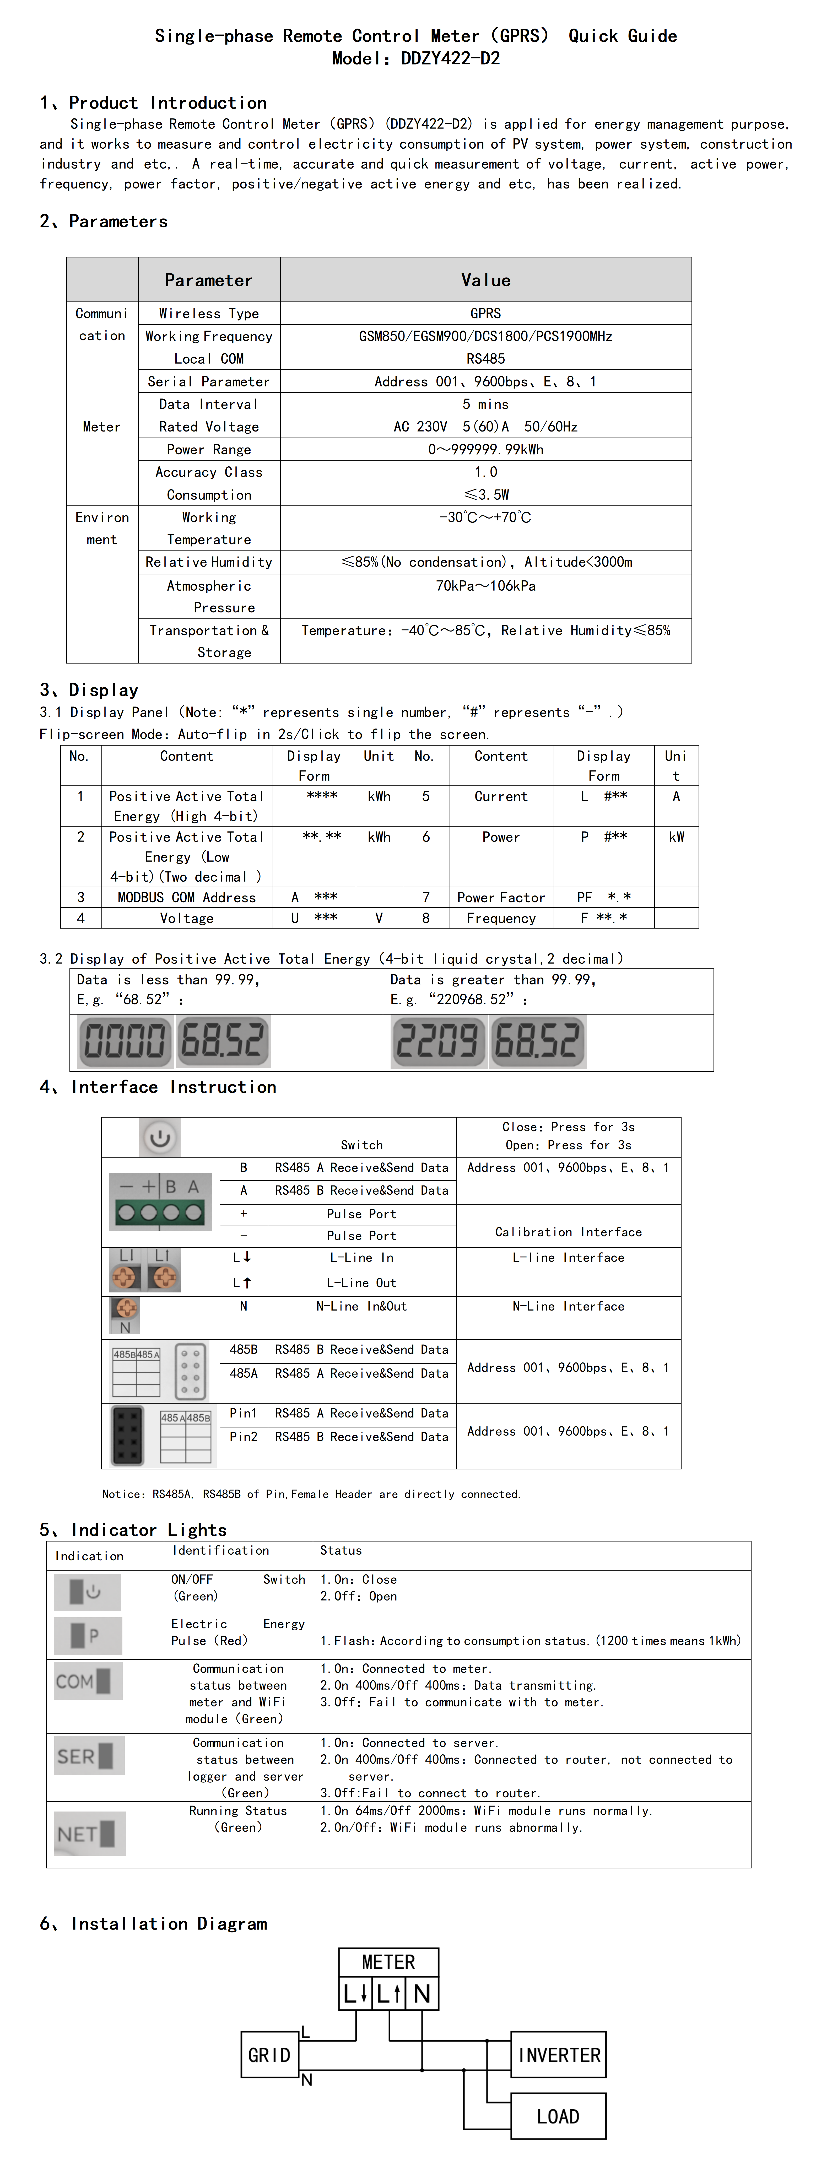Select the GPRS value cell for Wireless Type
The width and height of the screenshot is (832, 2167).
pyautogui.click(x=485, y=313)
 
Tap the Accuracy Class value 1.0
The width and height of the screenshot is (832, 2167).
pyautogui.click(x=485, y=472)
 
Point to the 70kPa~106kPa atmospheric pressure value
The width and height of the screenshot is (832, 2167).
pyautogui.click(x=485, y=585)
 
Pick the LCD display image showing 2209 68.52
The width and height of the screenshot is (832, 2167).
pyautogui.click(x=488, y=1041)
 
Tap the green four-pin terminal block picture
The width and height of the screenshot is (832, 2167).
pyautogui.click(x=160, y=1201)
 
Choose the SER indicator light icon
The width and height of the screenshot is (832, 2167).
pyautogui.click(x=88, y=1756)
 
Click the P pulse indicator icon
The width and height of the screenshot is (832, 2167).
pyautogui.click(x=88, y=1635)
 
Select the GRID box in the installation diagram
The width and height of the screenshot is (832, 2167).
pyautogui.click(x=269, y=2055)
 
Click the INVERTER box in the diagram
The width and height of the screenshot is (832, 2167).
pyautogui.click(x=559, y=2055)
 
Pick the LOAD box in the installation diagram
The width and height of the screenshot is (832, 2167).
pyautogui.click(x=559, y=2116)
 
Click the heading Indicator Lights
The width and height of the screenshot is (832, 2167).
pyautogui.click(x=149, y=1529)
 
